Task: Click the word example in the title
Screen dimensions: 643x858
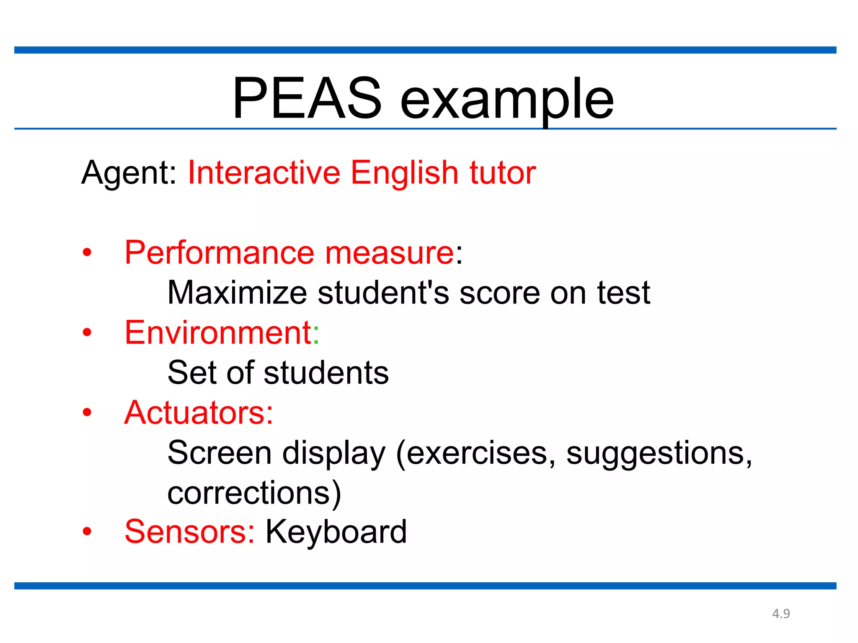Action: (507, 100)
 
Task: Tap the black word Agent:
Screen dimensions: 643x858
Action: (129, 172)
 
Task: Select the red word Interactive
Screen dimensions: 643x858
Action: (264, 172)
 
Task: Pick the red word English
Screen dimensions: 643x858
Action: (405, 172)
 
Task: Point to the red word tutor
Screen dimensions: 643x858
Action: (502, 172)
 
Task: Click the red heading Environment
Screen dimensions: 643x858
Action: (218, 332)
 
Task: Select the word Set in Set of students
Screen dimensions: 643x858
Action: (192, 372)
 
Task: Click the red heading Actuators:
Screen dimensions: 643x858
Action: (199, 412)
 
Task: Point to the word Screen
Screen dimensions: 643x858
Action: (220, 453)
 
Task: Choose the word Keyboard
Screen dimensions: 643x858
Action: (336, 532)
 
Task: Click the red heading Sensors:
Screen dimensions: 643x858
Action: (189, 532)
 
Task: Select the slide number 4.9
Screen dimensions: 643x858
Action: (781, 614)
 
